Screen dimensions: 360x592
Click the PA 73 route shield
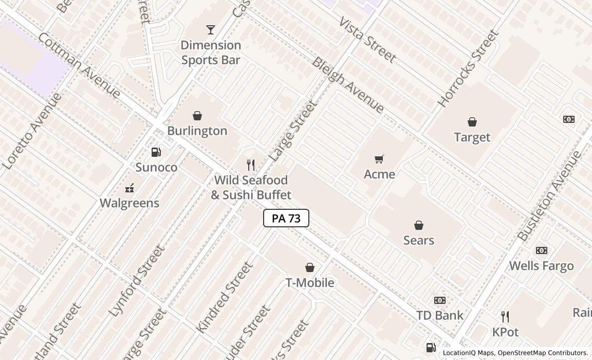[x=286, y=218]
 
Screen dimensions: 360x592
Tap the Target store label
[x=472, y=137]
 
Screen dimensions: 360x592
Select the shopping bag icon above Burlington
[x=197, y=116]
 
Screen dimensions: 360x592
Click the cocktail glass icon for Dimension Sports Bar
[x=211, y=30]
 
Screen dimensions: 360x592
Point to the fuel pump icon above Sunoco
[x=156, y=152]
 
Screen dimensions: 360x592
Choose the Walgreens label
[x=129, y=203]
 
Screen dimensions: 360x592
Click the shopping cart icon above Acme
[x=379, y=159]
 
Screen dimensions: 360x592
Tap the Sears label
[x=418, y=240]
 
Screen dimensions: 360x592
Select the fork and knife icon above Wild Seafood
[x=251, y=165]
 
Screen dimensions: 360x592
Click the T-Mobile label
[x=310, y=282]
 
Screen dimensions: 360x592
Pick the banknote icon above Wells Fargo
[x=542, y=250]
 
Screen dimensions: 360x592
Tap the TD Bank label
[x=439, y=315]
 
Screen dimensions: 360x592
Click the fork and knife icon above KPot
[x=505, y=317]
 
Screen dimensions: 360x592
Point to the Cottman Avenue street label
[x=79, y=65]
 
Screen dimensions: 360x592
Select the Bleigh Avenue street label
[x=348, y=85]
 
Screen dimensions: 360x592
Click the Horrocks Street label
[x=468, y=68]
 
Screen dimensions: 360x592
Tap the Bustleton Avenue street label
[x=549, y=196]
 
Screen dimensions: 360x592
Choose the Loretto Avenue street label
[x=32, y=132]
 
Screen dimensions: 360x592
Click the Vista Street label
[x=367, y=40]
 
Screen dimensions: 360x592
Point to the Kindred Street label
[x=225, y=297]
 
